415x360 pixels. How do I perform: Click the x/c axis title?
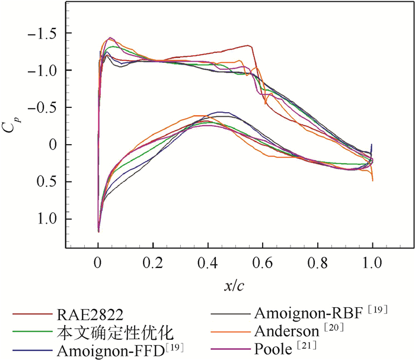tap(235, 286)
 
